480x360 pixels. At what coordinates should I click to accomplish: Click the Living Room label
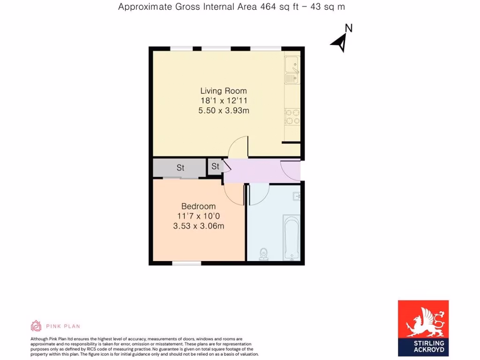pos(224,90)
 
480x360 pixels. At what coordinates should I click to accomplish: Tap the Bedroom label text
pos(198,206)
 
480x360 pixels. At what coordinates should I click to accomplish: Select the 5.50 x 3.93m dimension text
pos(224,111)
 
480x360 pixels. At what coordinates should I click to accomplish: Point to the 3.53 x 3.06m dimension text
pos(198,226)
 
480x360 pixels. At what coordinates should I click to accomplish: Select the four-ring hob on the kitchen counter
pos(292,117)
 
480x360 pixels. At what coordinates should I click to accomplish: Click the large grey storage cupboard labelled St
pos(180,167)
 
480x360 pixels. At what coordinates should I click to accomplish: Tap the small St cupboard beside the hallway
pos(215,166)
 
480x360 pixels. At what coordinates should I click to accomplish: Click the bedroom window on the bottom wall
pos(186,263)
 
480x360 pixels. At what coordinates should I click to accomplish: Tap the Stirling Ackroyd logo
pos(423,328)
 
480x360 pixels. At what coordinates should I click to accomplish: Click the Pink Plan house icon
pos(36,326)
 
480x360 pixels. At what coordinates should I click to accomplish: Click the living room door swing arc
pos(238,147)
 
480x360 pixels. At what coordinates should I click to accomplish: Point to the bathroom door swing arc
pos(258,195)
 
